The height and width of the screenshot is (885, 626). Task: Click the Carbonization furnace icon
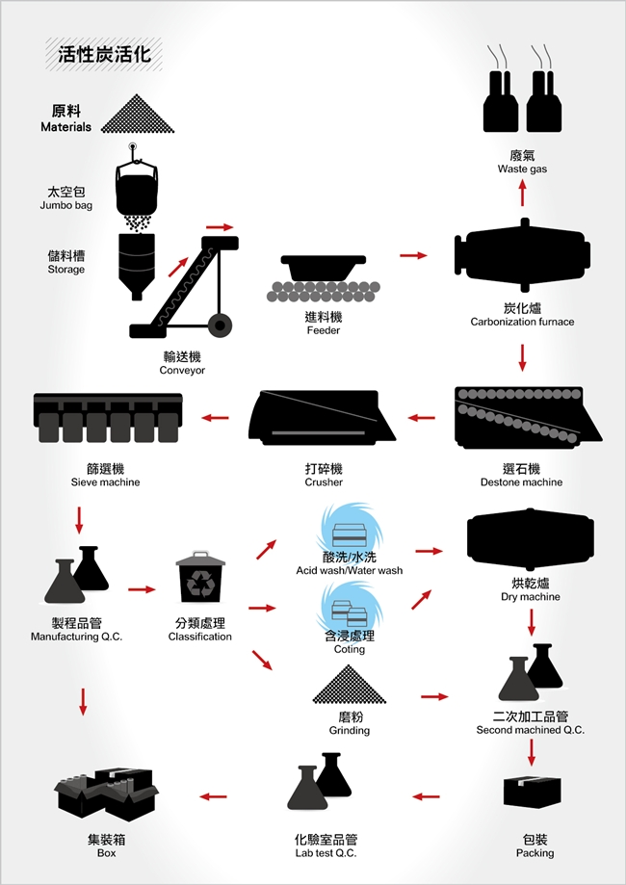pos(522,258)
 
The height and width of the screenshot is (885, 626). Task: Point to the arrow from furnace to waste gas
pos(522,194)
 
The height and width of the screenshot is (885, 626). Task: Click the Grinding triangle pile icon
pos(349,683)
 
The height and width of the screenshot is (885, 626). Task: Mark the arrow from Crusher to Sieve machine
pos(214,418)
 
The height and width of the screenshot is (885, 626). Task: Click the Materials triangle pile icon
pos(140,115)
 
